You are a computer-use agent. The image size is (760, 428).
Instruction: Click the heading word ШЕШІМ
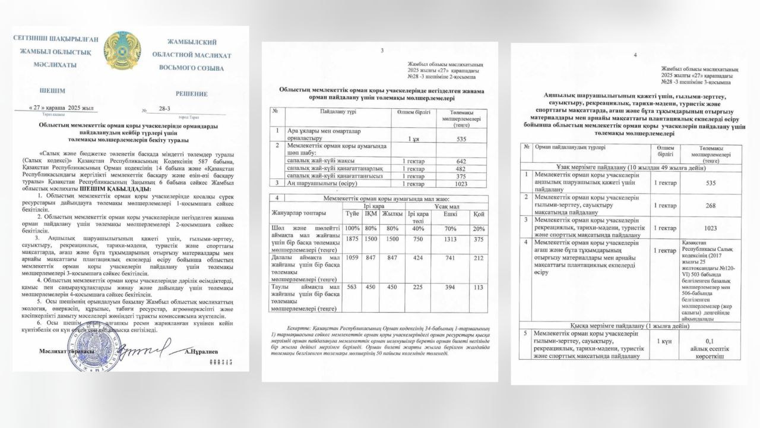(52, 91)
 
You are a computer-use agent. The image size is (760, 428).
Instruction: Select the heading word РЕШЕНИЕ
(192, 93)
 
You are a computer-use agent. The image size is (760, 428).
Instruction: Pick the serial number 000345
(218, 361)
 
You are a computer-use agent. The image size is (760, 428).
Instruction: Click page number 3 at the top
(382, 51)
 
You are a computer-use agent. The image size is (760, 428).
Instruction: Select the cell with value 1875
(353, 239)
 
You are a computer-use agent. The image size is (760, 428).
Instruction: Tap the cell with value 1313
(449, 239)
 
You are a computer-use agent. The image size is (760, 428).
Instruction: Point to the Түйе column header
(353, 213)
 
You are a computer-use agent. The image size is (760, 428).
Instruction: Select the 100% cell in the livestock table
(353, 229)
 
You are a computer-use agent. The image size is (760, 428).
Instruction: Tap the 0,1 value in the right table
(710, 341)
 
